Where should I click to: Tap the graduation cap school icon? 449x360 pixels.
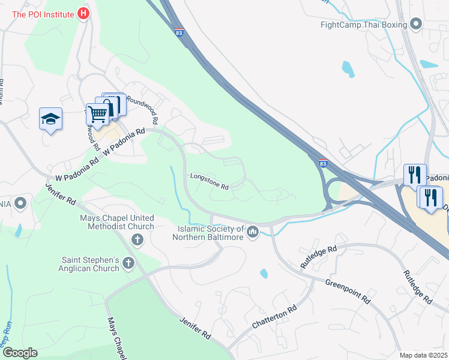point(50,119)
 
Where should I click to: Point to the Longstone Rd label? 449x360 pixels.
point(209,182)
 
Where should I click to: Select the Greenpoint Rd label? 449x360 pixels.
point(346,291)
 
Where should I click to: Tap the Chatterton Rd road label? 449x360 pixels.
point(275,317)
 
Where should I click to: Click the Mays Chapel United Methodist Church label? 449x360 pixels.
point(117,222)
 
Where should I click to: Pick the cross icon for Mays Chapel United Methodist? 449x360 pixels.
point(137,240)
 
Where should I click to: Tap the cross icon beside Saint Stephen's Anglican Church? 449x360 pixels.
point(128,263)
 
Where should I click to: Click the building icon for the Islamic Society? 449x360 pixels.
point(253,231)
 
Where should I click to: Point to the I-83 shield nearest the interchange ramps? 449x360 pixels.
point(323,163)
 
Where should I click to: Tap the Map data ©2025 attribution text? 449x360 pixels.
point(423,355)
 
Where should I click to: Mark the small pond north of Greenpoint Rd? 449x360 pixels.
point(264,274)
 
